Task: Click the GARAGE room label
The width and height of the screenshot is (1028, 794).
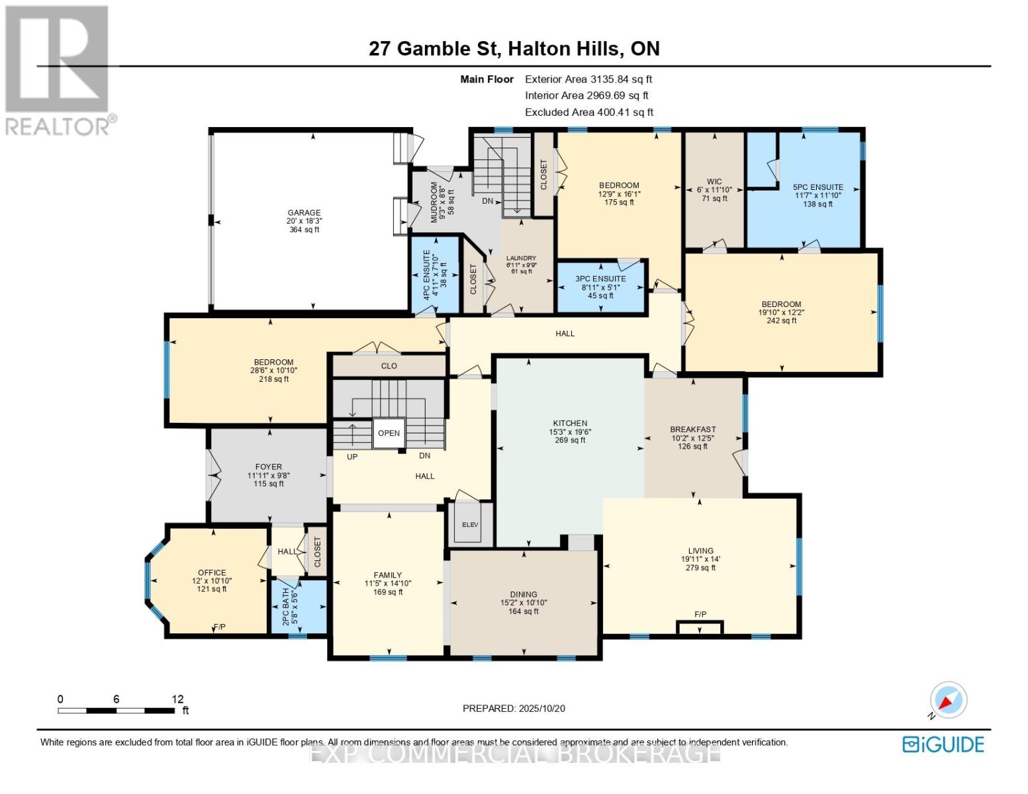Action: point(304,213)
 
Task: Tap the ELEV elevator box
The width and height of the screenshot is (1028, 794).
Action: point(470,524)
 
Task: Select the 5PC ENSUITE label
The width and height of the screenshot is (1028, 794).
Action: point(818,187)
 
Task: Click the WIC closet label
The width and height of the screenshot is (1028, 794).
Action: point(714,182)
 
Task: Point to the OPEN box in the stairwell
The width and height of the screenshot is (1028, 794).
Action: point(389,433)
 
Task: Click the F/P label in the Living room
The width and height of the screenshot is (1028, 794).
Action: point(700,615)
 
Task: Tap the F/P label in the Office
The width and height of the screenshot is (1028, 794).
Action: point(220,627)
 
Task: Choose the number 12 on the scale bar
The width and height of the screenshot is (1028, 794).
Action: point(177,699)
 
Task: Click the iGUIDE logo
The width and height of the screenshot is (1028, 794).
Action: point(943,744)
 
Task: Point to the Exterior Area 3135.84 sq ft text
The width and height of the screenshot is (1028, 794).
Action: point(588,79)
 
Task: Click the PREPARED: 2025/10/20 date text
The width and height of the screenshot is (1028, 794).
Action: point(514,709)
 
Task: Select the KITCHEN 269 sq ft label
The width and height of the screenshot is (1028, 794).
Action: point(570,431)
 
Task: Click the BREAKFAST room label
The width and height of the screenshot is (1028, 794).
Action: point(692,429)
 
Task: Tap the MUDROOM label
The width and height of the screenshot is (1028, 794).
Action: point(434,202)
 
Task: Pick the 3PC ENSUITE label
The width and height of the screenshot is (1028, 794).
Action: point(600,279)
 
